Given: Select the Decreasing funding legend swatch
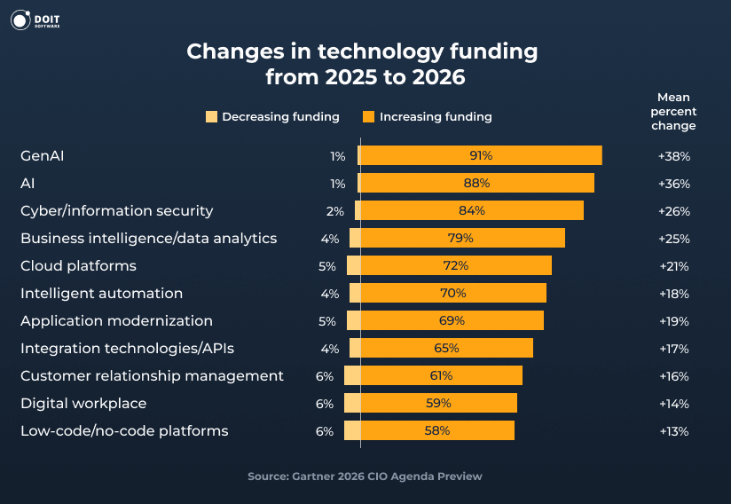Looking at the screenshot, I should click(211, 116).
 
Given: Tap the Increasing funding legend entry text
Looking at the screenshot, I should click(435, 116).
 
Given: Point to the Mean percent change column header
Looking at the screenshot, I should click(673, 111).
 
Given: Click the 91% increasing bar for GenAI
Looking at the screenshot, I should click(481, 156).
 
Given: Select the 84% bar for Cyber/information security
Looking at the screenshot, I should click(471, 211).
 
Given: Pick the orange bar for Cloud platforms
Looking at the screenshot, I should click(456, 266).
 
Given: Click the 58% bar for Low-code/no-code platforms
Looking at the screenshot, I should click(438, 431).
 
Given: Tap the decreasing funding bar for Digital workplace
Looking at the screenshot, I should click(352, 404).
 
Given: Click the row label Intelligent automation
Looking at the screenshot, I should click(101, 294).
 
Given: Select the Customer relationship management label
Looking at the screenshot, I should click(152, 376).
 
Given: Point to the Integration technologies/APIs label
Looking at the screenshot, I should click(127, 349).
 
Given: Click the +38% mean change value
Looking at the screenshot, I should click(673, 156).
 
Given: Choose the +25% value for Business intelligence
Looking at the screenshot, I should click(673, 239).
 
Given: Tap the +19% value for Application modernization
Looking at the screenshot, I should click(673, 321).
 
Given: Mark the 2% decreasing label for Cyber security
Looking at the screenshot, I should click(334, 211).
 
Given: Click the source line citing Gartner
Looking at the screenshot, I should click(365, 476).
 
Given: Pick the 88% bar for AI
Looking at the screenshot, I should click(476, 184).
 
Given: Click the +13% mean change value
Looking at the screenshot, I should click(673, 431).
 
